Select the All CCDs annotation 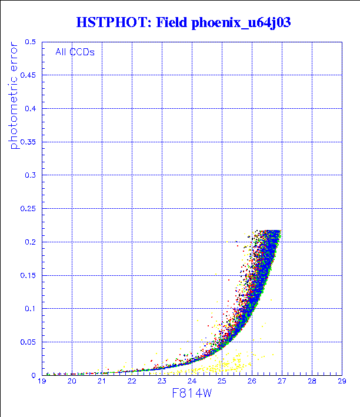pyautogui.click(x=75, y=52)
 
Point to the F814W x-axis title pyautogui.click(x=192, y=393)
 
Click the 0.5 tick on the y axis pyautogui.click(x=31, y=42)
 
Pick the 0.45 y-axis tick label pyautogui.click(x=29, y=75)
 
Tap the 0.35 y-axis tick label pyautogui.click(x=29, y=142)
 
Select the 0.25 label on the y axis pyautogui.click(x=29, y=209)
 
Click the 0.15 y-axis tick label pyautogui.click(x=29, y=275)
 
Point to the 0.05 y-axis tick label pyautogui.click(x=29, y=342)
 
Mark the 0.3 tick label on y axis pyautogui.click(x=31, y=175)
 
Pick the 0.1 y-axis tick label pyautogui.click(x=31, y=309)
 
